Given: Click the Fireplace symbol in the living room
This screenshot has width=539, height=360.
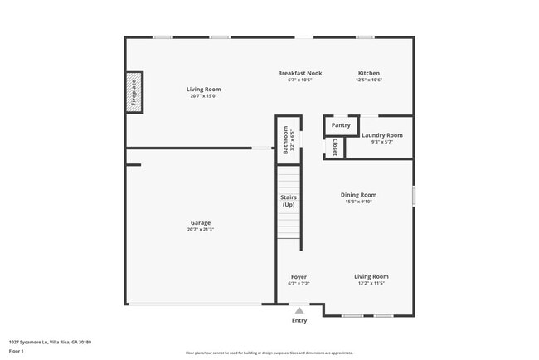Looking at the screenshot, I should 133,92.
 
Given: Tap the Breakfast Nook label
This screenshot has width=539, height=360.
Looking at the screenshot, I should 299,73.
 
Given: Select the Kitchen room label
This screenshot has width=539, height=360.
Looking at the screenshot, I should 369,73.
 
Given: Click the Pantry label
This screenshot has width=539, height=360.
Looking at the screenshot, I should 341,125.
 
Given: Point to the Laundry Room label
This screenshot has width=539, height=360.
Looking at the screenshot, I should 382,134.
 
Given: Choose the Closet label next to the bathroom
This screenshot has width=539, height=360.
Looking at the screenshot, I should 334,147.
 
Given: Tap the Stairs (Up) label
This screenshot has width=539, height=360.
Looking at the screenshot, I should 289,201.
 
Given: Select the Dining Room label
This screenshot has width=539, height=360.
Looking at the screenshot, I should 358,195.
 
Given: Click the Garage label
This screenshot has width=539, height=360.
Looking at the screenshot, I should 201,222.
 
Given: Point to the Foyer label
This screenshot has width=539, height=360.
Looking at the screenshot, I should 299,276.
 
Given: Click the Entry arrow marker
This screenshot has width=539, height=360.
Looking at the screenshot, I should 299,310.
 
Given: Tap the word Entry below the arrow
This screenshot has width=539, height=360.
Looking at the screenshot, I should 299,320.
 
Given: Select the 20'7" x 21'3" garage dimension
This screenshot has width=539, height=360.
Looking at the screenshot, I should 201,229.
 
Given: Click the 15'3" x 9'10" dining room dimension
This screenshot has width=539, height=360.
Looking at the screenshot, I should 358,202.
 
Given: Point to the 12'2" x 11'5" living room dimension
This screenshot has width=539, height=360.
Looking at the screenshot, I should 371,283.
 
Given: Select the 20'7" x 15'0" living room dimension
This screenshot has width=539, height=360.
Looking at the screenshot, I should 203,96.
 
